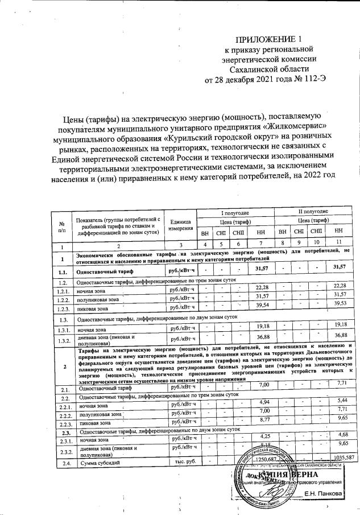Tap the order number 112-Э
(x=313, y=79)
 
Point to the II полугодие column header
(x=310, y=211)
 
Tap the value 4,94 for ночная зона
(x=262, y=403)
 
